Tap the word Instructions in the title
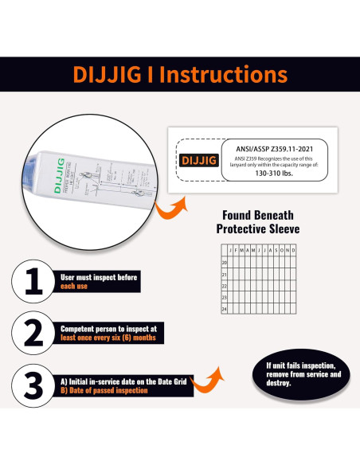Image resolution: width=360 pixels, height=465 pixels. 226,76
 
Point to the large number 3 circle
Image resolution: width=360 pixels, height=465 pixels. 33,385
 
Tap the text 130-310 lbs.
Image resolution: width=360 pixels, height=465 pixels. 272,173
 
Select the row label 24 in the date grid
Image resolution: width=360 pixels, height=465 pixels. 225,309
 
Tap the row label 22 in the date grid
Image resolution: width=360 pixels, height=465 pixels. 225,285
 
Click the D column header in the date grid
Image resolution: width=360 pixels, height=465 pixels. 293,250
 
